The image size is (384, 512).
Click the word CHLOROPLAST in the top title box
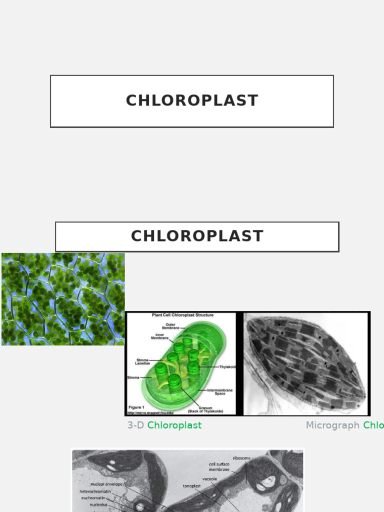point(192,100)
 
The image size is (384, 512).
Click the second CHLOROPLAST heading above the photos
point(197,236)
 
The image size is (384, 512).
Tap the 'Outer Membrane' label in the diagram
point(170,325)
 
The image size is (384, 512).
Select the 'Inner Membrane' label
point(159,336)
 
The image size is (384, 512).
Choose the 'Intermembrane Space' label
point(220,391)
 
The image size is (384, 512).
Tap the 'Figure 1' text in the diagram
point(136,407)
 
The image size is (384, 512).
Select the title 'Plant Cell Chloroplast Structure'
point(182,315)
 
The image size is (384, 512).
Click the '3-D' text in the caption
point(135,425)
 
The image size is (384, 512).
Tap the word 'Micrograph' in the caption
point(332,425)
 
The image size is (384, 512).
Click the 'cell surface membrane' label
point(219,467)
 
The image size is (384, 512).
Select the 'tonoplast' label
point(191,485)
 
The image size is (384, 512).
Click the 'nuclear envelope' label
point(106,484)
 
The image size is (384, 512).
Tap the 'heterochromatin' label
point(95,491)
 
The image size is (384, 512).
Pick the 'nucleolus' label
point(98,504)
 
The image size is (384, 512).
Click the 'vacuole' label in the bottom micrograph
point(209,478)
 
